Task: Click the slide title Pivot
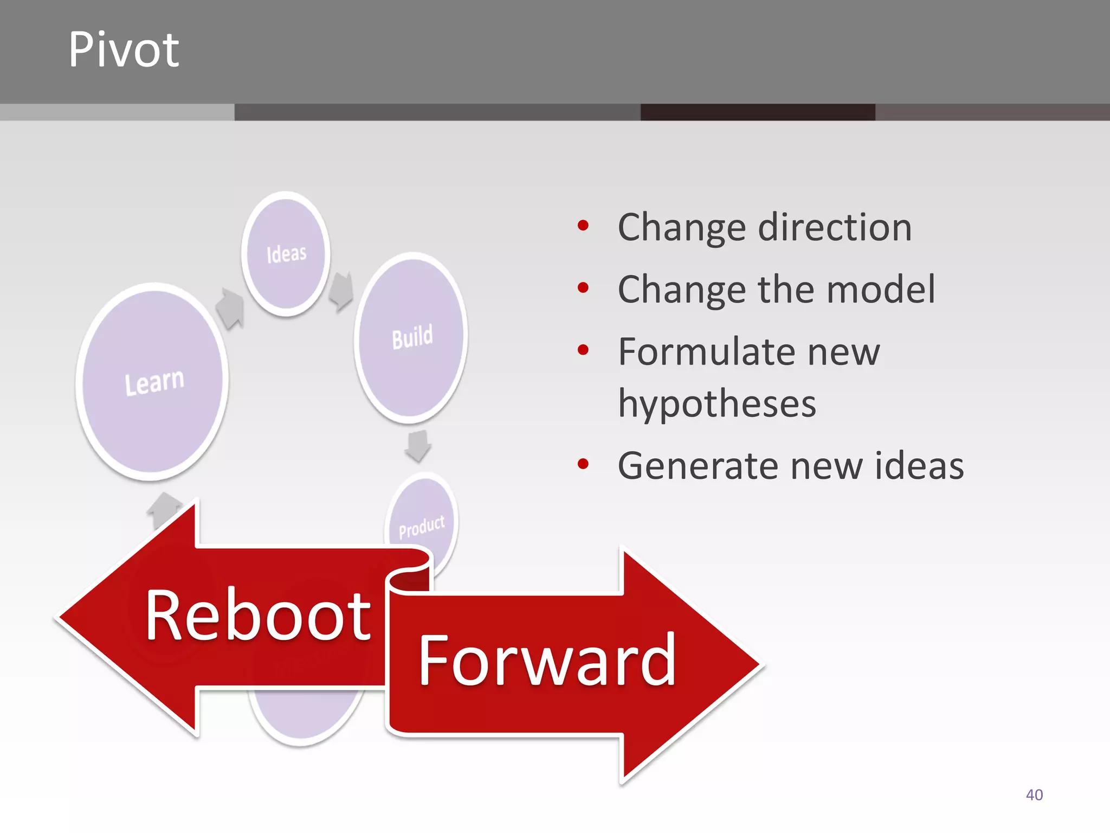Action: click(x=124, y=50)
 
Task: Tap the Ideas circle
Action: click(x=286, y=254)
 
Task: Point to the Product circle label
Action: click(x=421, y=527)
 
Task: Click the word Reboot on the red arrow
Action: click(x=258, y=616)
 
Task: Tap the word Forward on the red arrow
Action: click(x=547, y=661)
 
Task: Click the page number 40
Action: click(x=1034, y=795)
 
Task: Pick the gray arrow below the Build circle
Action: click(x=418, y=445)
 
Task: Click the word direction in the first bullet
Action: click(x=835, y=227)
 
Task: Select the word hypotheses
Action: click(x=717, y=403)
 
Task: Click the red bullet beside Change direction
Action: click(x=583, y=226)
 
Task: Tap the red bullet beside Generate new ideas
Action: click(x=583, y=464)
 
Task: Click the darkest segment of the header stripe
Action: click(x=757, y=112)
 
